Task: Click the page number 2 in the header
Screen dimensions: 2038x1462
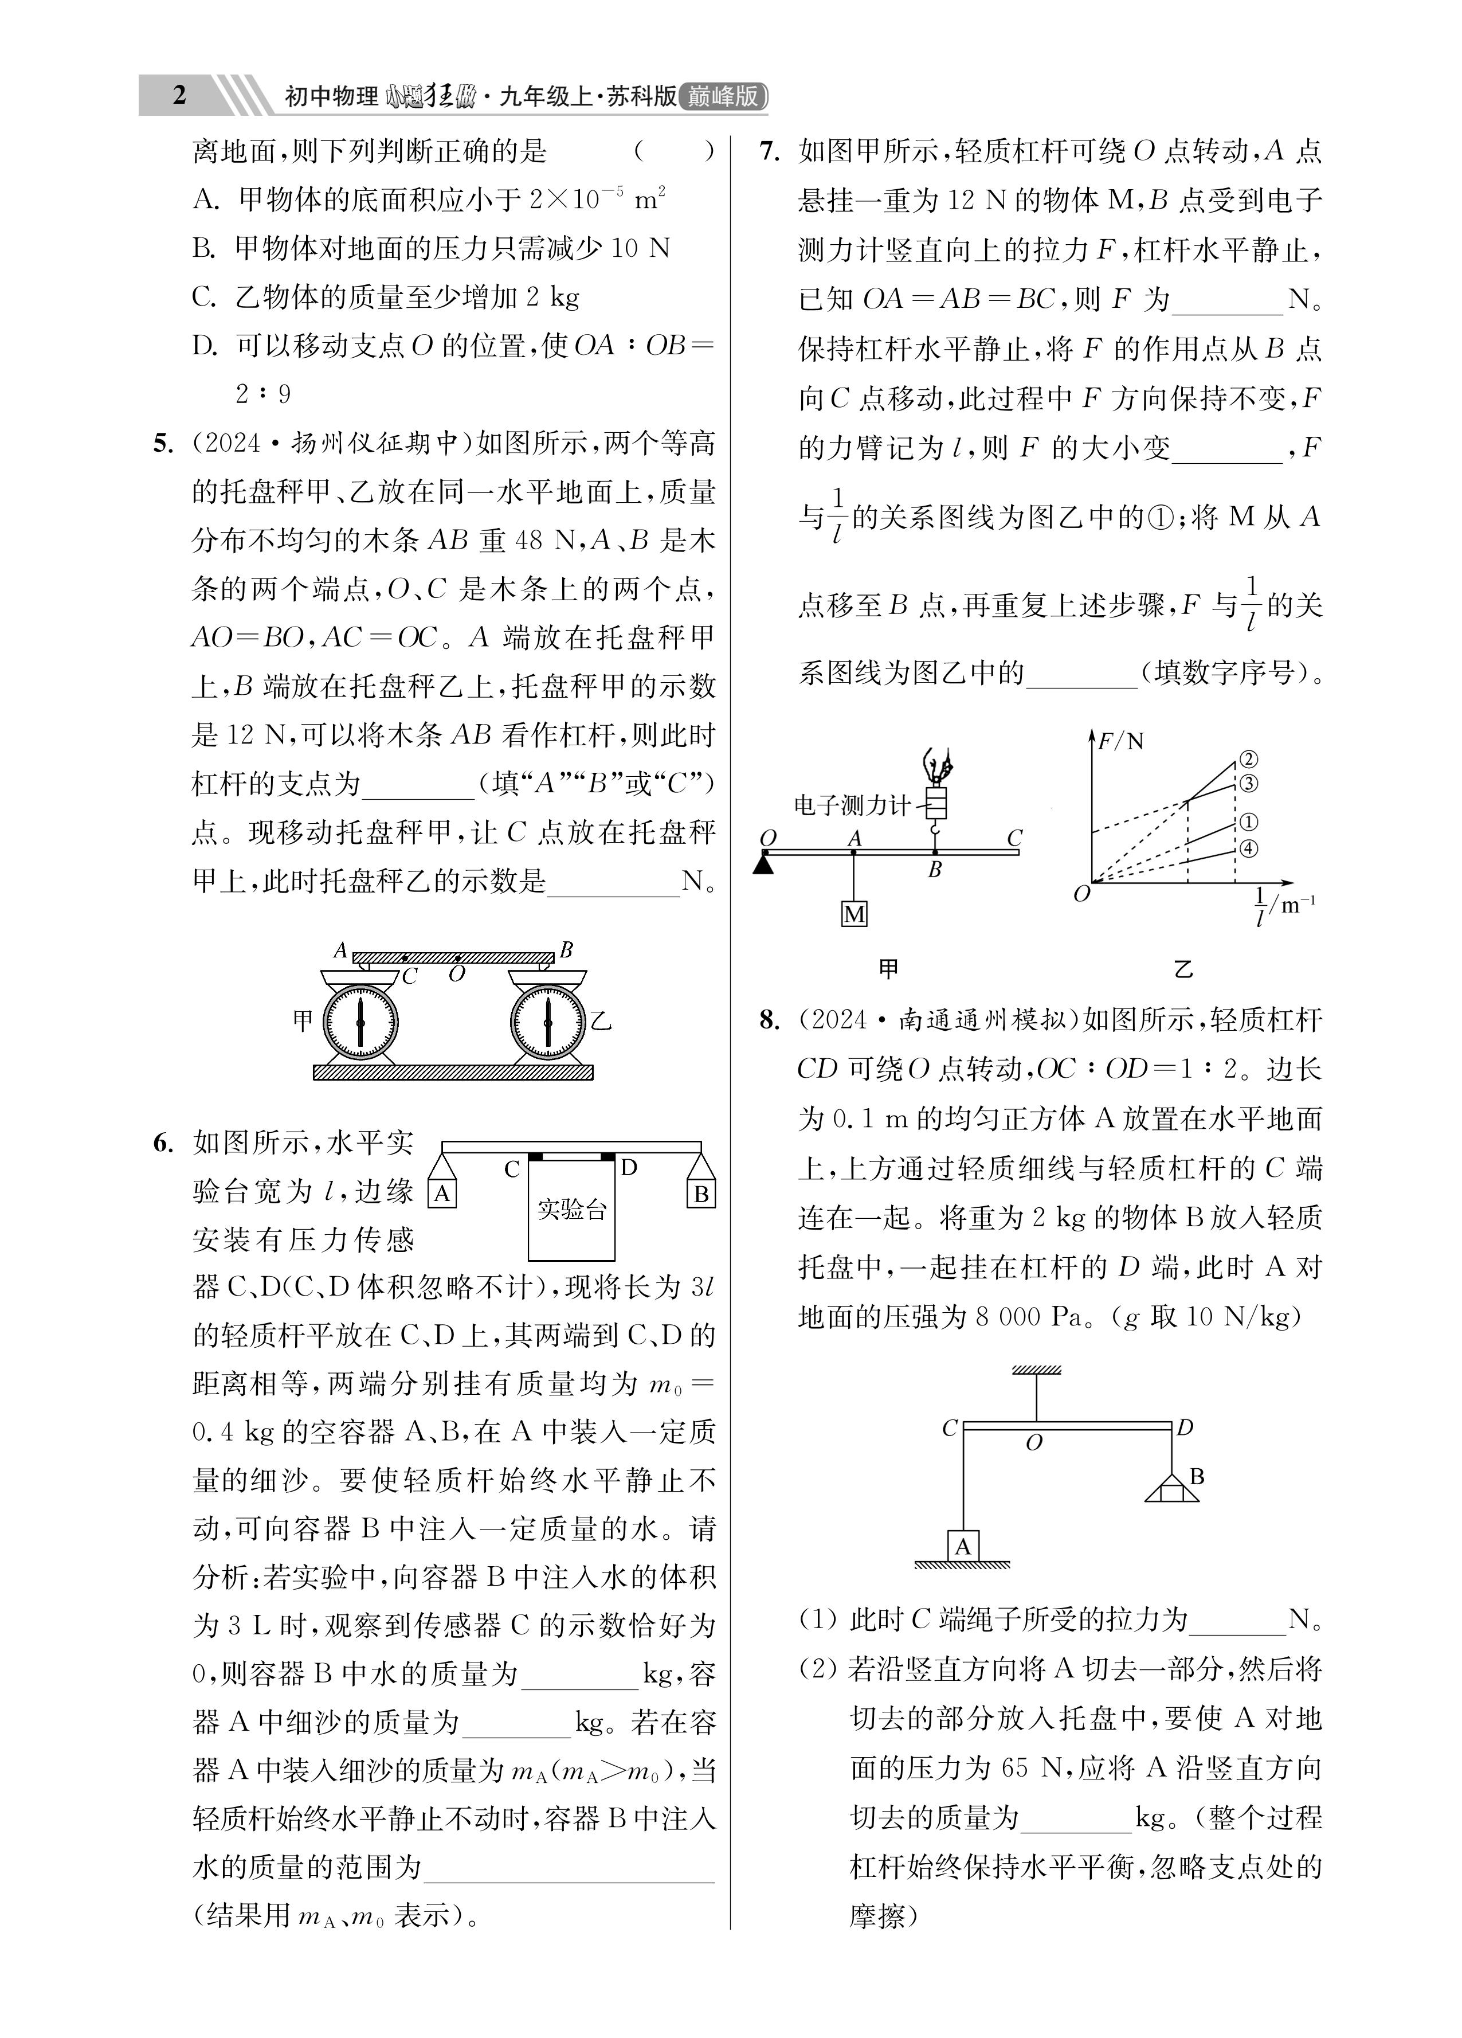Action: pyautogui.click(x=179, y=95)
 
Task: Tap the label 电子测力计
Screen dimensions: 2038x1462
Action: pyautogui.click(x=851, y=805)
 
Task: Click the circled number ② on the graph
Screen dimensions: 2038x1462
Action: pyautogui.click(x=1248, y=760)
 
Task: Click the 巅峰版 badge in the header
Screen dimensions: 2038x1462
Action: pyautogui.click(x=723, y=96)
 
